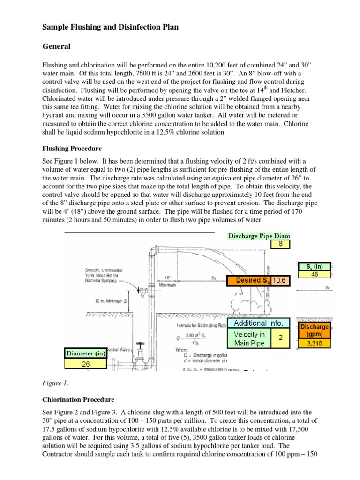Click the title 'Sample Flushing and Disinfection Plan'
tap(111, 28)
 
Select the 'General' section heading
tap(57, 46)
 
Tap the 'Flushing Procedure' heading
tap(72, 149)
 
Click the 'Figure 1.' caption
tap(55, 383)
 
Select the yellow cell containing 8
tap(280, 244)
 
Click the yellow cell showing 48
tap(314, 275)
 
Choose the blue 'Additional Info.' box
tap(258, 323)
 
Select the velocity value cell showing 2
tap(280, 338)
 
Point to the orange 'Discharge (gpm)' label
tap(314, 330)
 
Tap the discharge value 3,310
tap(314, 344)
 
